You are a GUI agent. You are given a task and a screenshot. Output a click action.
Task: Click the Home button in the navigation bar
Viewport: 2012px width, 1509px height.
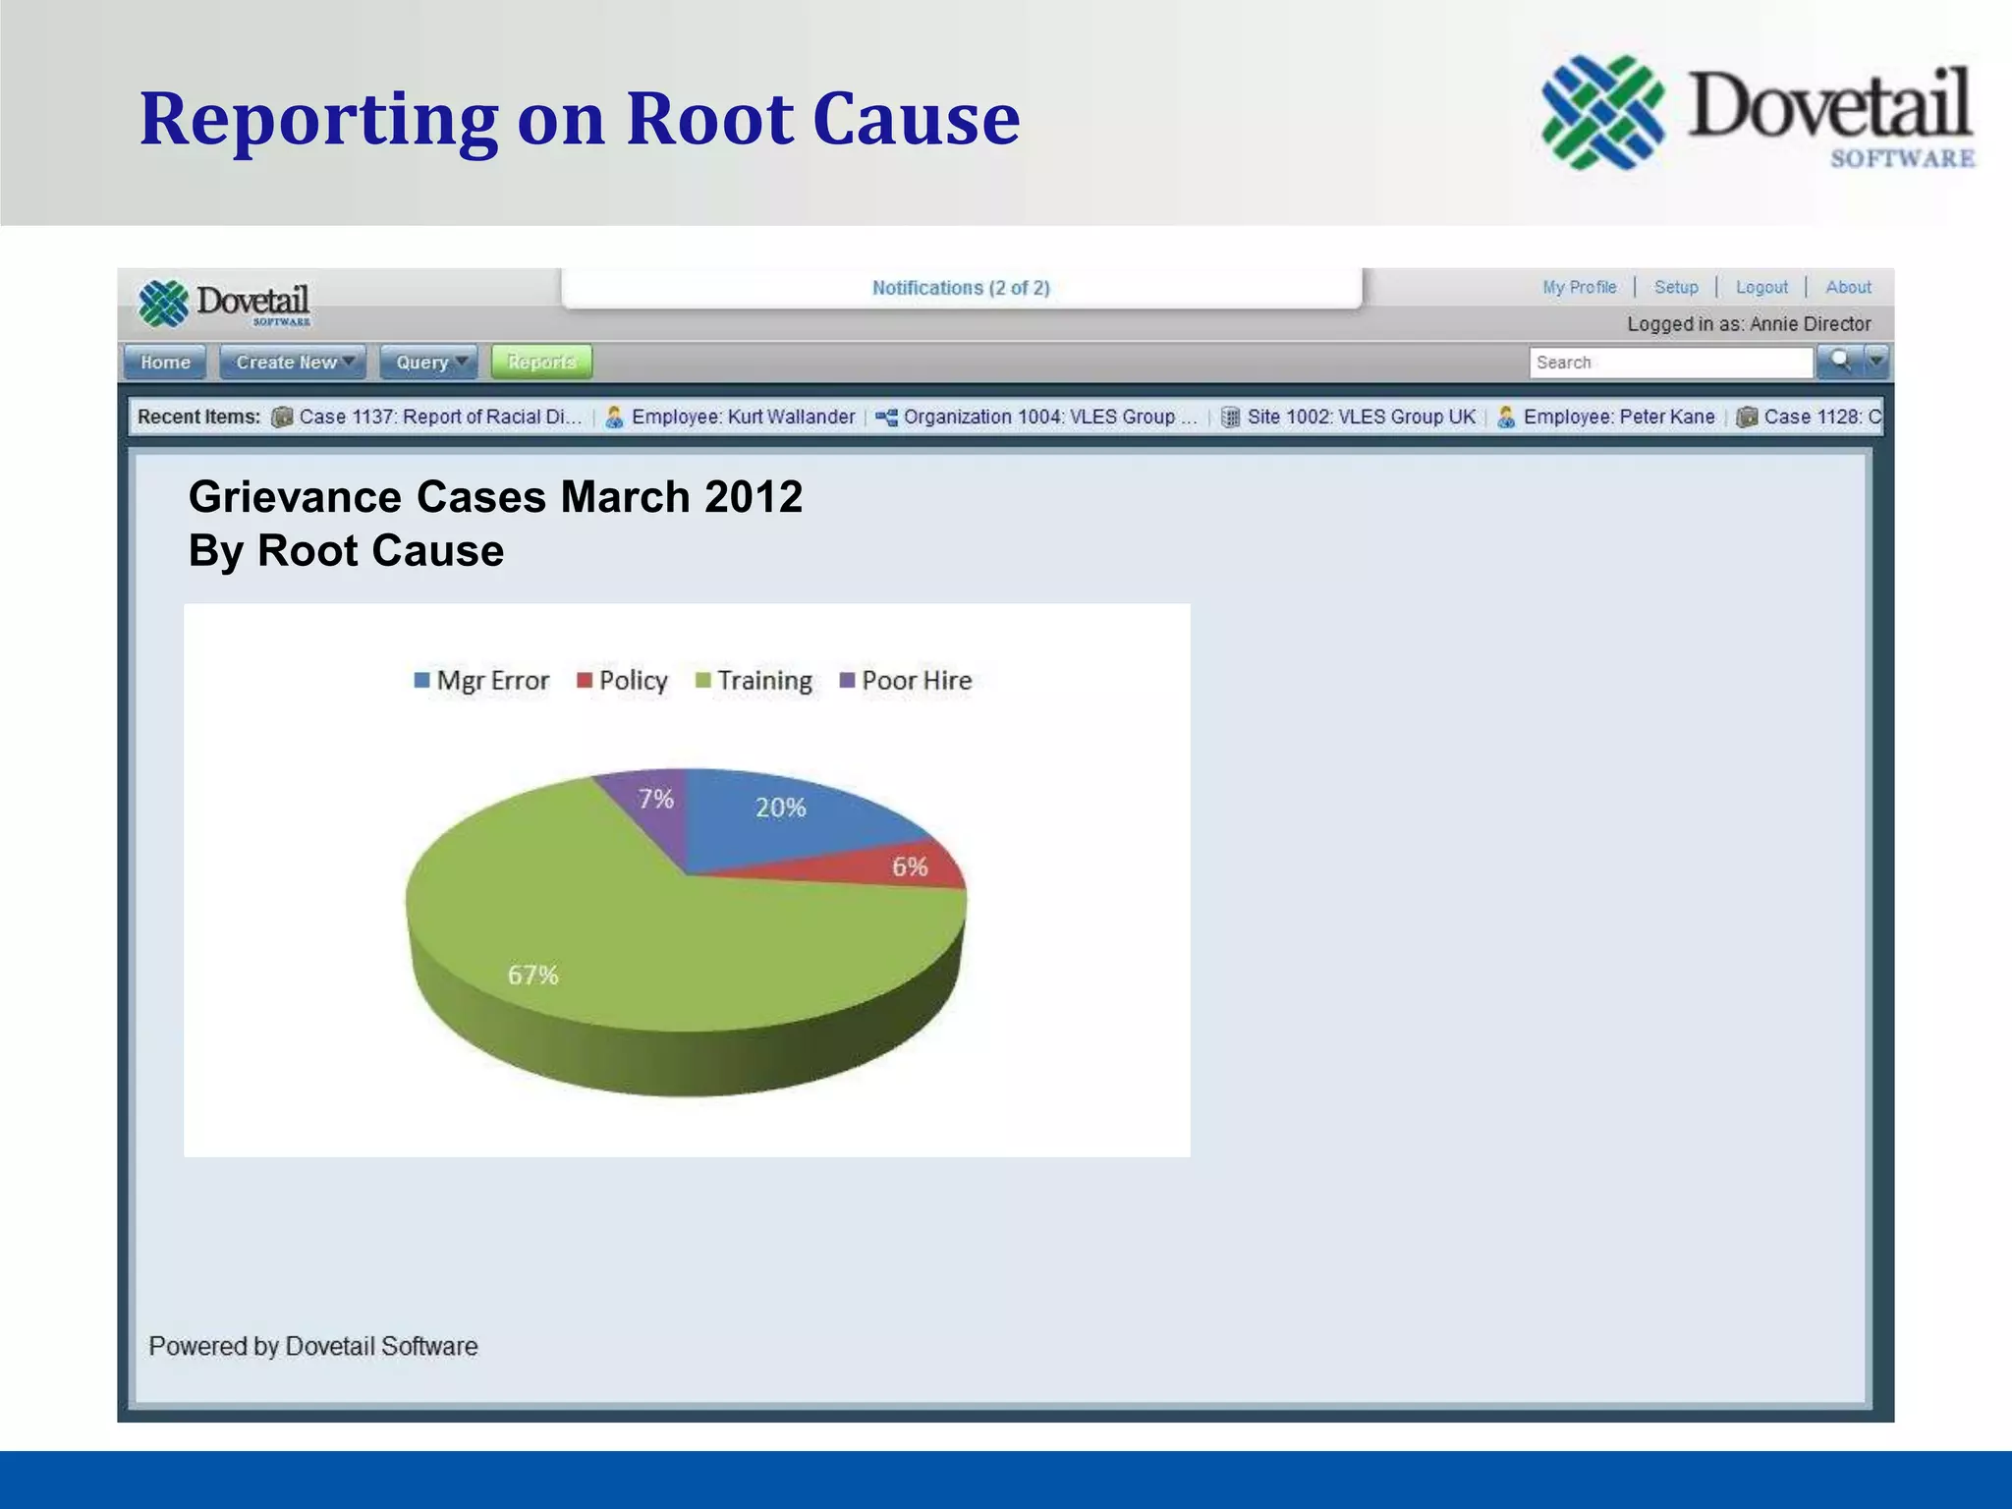165,363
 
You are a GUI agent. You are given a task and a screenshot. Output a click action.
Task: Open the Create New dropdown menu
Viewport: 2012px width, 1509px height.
293,363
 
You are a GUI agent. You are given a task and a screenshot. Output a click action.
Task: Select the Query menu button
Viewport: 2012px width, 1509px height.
429,363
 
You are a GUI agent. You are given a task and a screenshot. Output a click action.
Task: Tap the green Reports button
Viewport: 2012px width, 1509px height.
541,363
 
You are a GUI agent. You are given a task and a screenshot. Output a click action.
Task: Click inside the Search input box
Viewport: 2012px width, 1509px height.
1669,363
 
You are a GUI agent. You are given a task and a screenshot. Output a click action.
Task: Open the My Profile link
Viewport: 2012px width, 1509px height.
1579,287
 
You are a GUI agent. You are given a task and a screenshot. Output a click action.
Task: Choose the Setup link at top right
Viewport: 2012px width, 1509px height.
1676,287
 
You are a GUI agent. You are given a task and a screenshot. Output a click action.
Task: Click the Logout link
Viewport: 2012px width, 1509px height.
1761,287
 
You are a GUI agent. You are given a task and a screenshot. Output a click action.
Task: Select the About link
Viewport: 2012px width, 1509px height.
1848,287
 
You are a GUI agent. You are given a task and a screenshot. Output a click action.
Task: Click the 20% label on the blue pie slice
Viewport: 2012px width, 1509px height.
780,808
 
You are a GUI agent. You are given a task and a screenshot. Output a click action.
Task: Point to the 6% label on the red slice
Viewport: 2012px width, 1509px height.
910,866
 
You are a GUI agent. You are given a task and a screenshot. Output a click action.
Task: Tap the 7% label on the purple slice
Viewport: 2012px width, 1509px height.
656,799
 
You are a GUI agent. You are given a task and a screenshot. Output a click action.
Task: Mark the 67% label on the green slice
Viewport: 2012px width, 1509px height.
532,975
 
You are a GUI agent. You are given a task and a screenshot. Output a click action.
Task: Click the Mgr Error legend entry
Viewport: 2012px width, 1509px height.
482,681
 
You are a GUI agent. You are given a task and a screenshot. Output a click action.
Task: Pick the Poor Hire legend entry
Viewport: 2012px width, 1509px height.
906,681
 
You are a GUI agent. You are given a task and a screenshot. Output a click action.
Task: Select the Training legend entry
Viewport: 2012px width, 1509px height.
754,681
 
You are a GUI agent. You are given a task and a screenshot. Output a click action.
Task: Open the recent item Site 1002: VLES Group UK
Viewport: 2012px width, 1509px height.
1360,417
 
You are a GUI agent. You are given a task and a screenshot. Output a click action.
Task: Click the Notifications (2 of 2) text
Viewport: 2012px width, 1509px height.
961,288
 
